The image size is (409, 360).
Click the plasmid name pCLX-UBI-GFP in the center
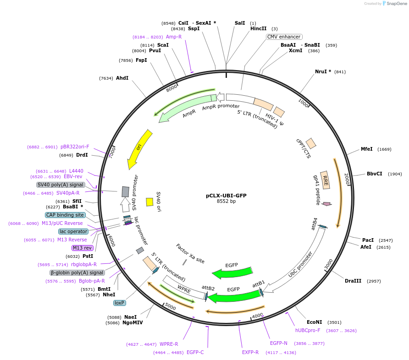(226, 196)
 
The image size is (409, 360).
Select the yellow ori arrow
(139, 148)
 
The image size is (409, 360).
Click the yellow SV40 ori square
(149, 202)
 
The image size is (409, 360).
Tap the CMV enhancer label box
(284, 37)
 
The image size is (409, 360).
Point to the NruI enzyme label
(323, 71)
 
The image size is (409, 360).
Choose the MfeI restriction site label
(366, 149)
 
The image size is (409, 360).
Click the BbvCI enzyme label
(374, 174)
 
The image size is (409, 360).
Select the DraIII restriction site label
(353, 281)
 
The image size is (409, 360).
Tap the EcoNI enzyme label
(315, 322)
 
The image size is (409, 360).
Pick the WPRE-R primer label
(169, 344)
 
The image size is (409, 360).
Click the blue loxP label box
(120, 303)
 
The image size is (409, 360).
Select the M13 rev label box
(82, 248)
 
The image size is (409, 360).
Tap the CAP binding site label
(65, 215)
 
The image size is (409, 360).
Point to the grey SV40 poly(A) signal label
(61, 185)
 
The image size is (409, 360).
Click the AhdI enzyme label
(122, 78)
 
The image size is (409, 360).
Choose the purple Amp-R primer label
(174, 37)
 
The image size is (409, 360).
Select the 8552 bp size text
(226, 202)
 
